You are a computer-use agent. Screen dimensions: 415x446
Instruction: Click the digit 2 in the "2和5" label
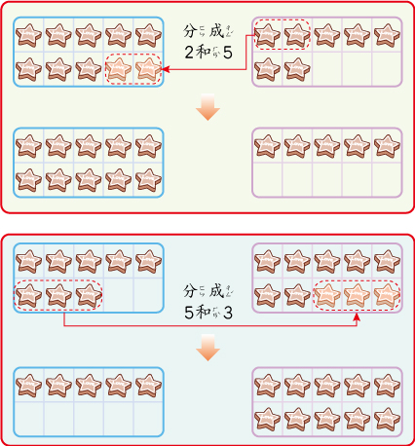[x=189, y=53]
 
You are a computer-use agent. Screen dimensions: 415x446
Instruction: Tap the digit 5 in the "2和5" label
[x=228, y=53]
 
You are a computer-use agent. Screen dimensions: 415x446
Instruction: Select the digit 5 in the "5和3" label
[x=189, y=313]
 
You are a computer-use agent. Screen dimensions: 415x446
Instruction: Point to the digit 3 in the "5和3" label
[x=228, y=313]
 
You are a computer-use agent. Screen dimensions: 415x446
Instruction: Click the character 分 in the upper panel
[x=190, y=31]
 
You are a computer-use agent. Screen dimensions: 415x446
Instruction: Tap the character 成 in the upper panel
[x=216, y=31]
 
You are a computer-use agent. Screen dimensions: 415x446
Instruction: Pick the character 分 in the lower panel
[x=190, y=291]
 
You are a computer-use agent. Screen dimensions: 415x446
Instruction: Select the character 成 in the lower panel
[x=216, y=291]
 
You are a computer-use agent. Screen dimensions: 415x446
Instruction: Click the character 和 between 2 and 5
[x=204, y=52]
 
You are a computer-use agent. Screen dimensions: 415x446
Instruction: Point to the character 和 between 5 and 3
[x=204, y=313]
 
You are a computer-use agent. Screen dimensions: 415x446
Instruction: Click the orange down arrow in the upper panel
[x=207, y=107]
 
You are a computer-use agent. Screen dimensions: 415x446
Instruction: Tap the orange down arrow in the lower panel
[x=207, y=348]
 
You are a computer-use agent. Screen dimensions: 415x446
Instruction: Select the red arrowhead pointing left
[x=166, y=69]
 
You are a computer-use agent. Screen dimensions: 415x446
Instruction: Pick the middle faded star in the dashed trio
[x=357, y=295]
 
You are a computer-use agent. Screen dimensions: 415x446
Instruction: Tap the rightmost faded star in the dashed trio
[x=387, y=295]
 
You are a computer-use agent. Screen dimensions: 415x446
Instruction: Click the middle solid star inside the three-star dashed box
[x=58, y=295]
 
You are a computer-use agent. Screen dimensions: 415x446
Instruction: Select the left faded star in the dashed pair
[x=118, y=69]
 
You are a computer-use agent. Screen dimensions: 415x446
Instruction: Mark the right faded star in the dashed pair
[x=148, y=69]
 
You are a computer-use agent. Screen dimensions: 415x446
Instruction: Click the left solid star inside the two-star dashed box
[x=267, y=35]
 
